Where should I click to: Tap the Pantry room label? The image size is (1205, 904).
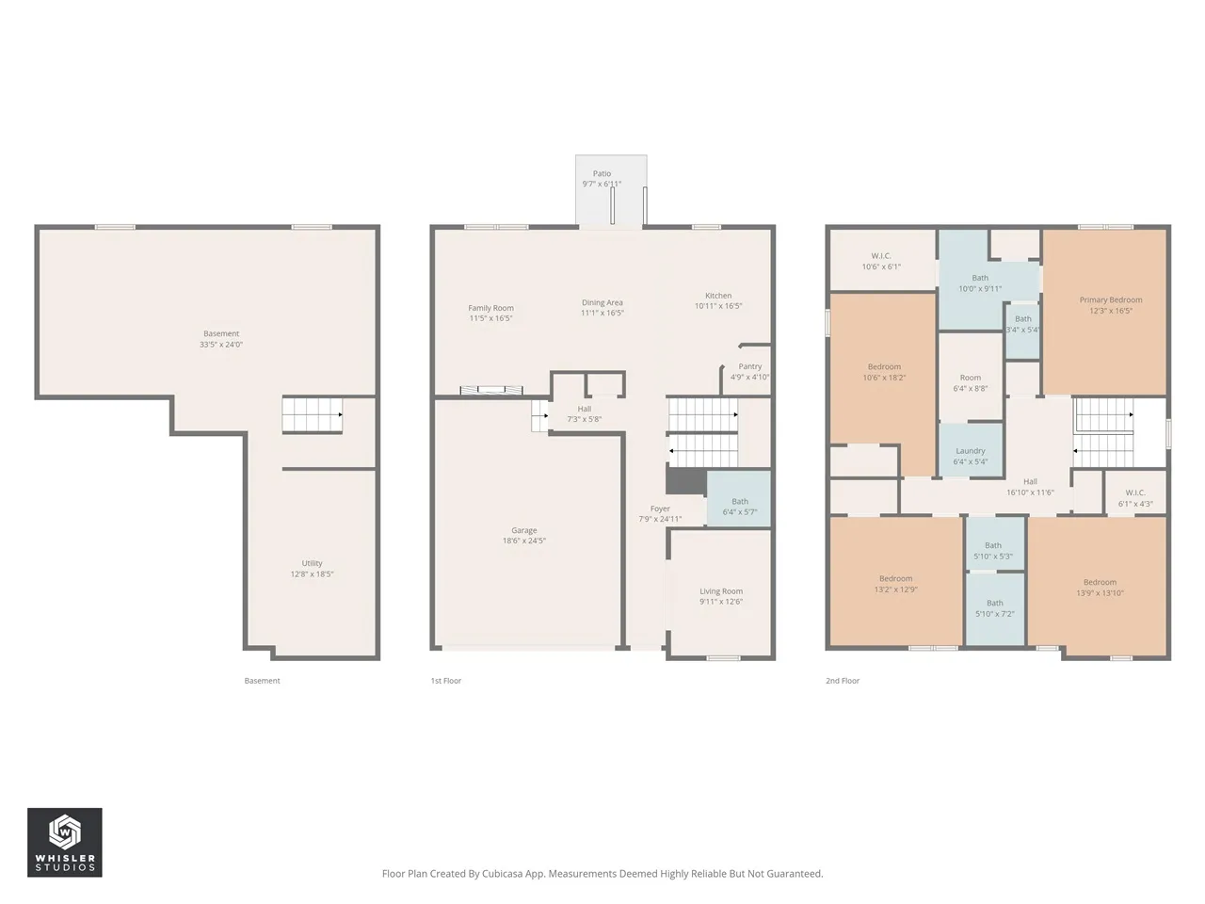click(750, 366)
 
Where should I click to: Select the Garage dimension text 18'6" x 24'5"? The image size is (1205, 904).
click(524, 541)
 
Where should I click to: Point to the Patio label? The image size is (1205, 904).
click(602, 173)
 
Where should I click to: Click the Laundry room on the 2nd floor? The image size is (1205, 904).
click(971, 450)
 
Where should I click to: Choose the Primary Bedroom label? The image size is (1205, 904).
click(1111, 299)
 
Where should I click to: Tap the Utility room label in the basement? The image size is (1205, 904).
click(312, 563)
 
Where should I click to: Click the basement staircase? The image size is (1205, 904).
click(313, 414)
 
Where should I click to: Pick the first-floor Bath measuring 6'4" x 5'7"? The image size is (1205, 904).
click(739, 498)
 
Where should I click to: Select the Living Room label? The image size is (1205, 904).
click(721, 591)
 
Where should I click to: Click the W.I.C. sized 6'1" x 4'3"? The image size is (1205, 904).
click(1135, 492)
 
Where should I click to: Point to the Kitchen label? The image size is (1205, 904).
click(718, 296)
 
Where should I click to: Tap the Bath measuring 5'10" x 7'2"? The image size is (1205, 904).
click(995, 608)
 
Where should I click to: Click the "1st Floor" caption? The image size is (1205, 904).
click(446, 681)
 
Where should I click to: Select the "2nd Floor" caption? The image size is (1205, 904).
click(843, 681)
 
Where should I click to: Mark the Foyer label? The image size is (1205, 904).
click(660, 508)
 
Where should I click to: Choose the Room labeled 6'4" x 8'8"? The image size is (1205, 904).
click(971, 377)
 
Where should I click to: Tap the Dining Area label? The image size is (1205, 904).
click(602, 302)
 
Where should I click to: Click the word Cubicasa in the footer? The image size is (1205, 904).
click(503, 873)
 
